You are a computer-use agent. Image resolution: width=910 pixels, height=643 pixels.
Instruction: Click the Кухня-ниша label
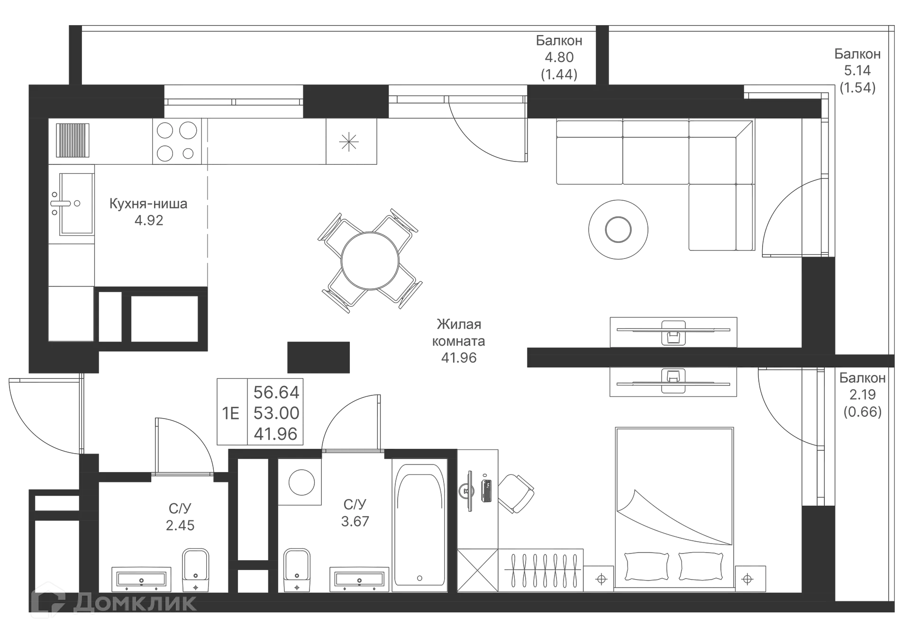(x=149, y=204)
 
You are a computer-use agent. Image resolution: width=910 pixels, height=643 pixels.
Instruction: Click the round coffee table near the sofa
(x=618, y=229)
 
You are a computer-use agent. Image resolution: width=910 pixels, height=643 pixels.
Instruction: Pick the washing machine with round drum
(x=300, y=482)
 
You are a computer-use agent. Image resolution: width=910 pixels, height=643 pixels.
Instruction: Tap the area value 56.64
(x=276, y=392)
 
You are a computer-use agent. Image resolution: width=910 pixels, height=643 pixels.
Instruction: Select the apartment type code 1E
(x=231, y=413)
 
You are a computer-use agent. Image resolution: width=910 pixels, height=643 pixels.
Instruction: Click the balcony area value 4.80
(x=560, y=57)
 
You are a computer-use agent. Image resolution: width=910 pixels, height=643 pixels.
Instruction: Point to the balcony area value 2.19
(x=862, y=394)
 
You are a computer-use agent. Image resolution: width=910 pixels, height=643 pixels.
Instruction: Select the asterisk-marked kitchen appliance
(x=349, y=142)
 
